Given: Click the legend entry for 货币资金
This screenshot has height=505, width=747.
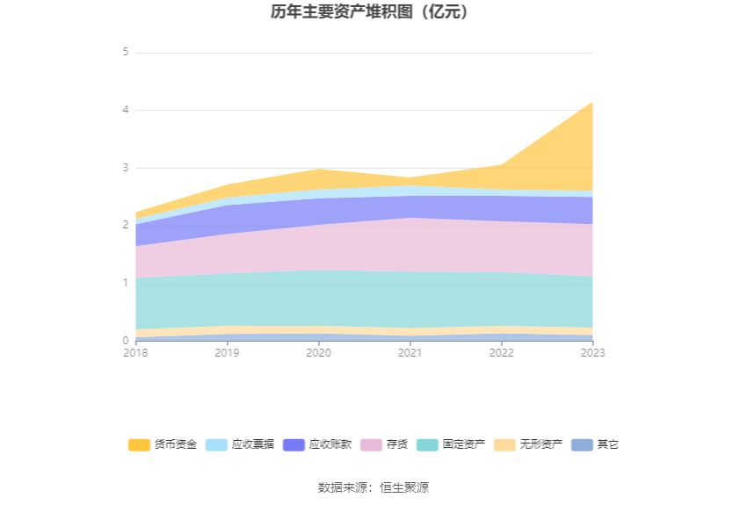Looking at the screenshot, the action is (163, 444).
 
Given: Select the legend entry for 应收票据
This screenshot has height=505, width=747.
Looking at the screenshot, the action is (240, 444).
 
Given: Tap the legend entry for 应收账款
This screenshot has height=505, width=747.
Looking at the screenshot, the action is (317, 444).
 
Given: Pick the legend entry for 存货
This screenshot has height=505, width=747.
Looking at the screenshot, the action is (384, 444).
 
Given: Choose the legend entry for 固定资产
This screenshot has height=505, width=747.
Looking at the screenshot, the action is (451, 444).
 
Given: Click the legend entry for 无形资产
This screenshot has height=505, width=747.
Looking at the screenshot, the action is (528, 444).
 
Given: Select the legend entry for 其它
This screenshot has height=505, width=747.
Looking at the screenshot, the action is (595, 444).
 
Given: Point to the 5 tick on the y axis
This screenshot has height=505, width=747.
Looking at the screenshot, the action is (126, 52).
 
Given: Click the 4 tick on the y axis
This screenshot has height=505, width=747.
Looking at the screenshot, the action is (126, 110).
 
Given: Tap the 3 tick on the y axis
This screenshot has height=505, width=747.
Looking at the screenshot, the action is (126, 168).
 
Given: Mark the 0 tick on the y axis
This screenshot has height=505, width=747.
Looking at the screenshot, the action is (126, 340).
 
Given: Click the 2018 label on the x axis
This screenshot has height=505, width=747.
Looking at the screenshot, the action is (135, 353).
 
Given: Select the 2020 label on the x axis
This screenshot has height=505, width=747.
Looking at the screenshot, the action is (319, 353).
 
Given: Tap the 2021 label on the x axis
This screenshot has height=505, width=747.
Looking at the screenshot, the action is (410, 353).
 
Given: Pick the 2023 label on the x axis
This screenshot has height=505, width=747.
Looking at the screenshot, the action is (592, 353).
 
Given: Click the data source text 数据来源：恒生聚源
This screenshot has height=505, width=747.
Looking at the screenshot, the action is (373, 487).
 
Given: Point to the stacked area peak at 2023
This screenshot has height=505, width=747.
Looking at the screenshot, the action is (592, 102).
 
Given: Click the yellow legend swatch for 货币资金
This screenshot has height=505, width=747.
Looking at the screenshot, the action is (139, 444).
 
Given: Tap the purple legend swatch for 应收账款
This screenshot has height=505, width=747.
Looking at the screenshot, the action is (294, 444).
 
